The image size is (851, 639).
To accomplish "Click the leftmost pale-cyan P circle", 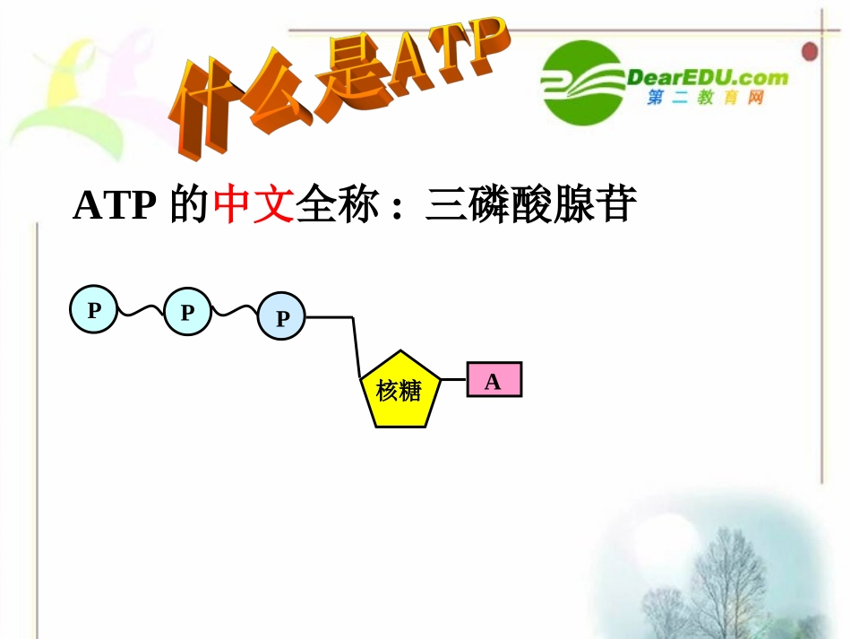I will point(93,310).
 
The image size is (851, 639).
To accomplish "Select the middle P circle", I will point(187,313).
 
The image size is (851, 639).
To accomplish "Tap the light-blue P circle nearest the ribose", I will point(281,318).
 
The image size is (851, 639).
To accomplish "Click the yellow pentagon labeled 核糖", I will point(400,392).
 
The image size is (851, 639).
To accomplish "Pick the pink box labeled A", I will point(494,380).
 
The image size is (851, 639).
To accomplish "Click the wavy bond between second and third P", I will point(234,311).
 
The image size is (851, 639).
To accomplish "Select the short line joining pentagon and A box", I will point(454,379).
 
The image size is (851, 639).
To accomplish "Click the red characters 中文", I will point(254,205).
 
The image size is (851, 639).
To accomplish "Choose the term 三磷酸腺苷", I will point(531,205).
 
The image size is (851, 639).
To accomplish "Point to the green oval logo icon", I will point(583,82).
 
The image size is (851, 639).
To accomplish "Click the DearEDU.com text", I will point(708,77).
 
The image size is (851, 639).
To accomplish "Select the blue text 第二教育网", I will point(705,99).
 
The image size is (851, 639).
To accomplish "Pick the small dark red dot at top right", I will point(811,51).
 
